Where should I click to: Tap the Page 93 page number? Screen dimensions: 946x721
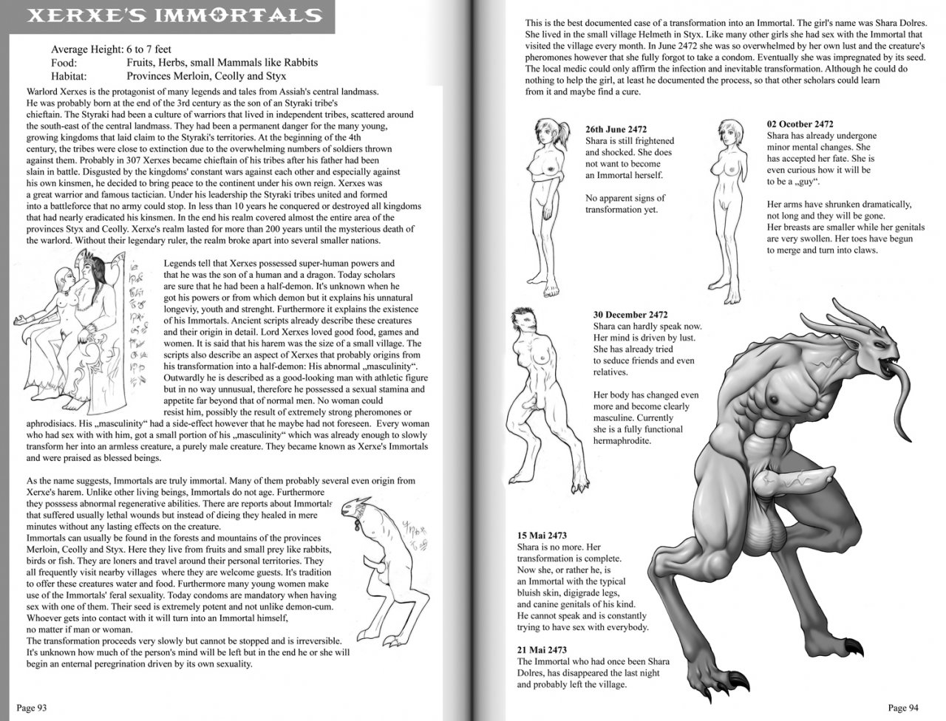click(x=32, y=707)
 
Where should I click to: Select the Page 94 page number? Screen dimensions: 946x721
click(x=903, y=707)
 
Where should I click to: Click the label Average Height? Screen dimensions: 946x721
click(x=87, y=49)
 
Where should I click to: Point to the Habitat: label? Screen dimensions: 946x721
click(x=69, y=76)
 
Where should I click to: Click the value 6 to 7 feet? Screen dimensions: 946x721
click(x=149, y=49)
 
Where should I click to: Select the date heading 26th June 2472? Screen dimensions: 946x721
click(x=616, y=129)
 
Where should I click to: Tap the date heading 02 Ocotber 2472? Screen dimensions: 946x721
click(x=800, y=124)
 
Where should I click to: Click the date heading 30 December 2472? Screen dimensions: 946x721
click(x=630, y=315)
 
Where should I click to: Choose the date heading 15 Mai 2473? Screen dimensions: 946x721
click(x=542, y=536)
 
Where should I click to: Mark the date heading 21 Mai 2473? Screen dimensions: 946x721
click(x=542, y=650)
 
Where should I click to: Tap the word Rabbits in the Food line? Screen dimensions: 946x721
click(x=301, y=63)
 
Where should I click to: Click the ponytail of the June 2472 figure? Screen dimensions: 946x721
click(x=564, y=130)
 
